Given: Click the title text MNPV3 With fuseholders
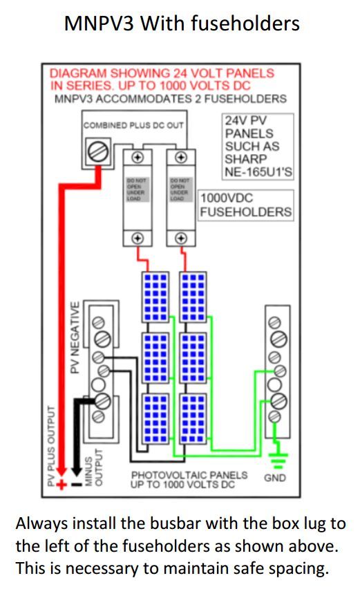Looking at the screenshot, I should coord(182,24).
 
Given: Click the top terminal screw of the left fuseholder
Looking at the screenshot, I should coord(138,157).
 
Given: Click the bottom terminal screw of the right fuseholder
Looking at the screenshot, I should coord(181,238).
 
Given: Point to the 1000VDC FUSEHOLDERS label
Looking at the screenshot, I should coord(245,205).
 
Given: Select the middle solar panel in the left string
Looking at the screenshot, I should coord(155,357).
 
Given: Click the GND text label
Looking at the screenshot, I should coord(275,478).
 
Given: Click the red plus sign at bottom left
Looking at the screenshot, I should coord(61,485).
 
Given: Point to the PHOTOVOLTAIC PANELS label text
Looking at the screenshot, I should coord(189,475).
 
